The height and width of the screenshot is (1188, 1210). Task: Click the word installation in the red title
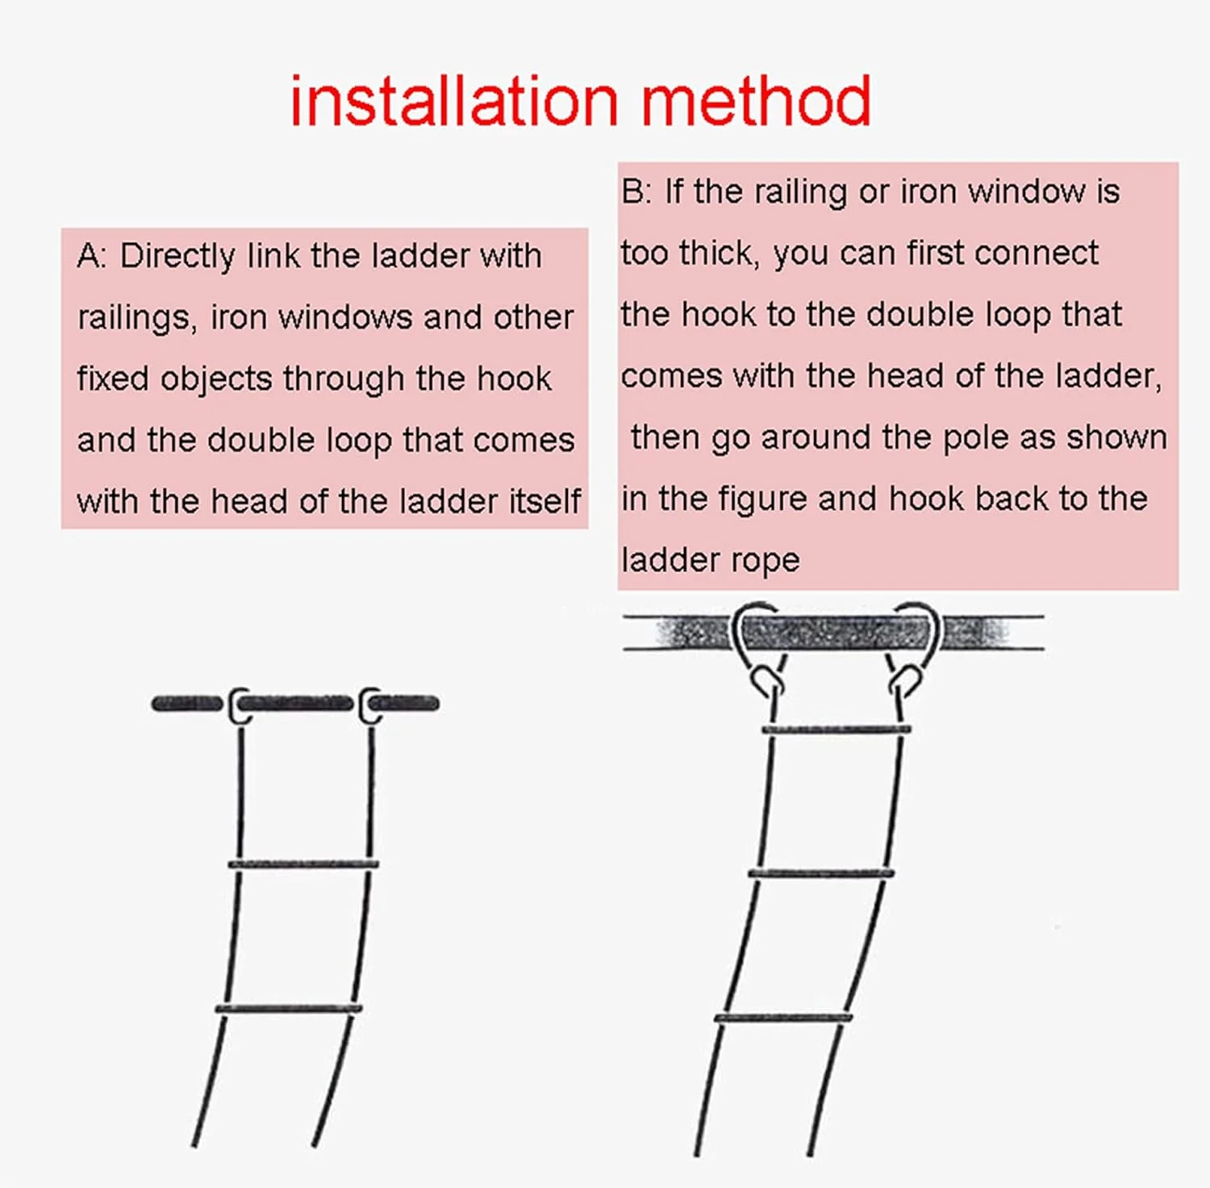click(454, 101)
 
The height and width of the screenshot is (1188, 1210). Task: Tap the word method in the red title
click(757, 101)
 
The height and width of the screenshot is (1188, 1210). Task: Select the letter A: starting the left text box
click(92, 257)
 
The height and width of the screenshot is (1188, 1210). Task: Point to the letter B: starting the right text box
click(636, 192)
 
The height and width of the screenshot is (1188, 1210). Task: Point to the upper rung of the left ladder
click(303, 864)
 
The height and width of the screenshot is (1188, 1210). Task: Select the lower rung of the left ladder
click(288, 1009)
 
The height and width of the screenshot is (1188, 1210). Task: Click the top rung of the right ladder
click(837, 730)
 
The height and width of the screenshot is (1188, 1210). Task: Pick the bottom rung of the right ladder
click(782, 1019)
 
